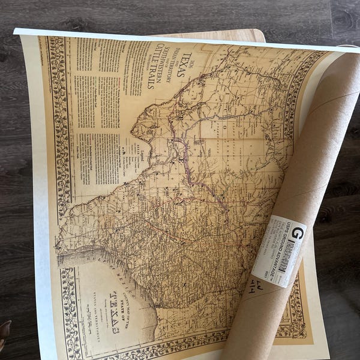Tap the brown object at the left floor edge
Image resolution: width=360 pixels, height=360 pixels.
[x=4, y=329]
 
